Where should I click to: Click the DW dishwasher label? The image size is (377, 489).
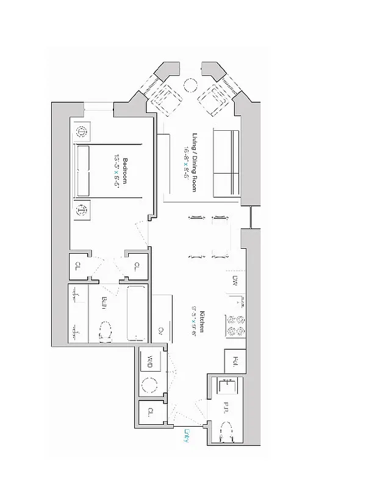pyautogui.click(x=235, y=281)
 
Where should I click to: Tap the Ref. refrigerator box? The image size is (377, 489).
pyautogui.click(x=235, y=360)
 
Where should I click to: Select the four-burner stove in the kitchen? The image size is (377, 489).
pyautogui.click(x=236, y=325)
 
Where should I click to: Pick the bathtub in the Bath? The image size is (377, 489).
pyautogui.click(x=137, y=312)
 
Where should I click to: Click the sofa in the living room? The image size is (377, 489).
pyautogui.click(x=226, y=163)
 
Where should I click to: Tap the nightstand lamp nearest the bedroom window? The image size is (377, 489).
pyautogui.click(x=82, y=132)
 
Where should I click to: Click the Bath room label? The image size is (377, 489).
pyautogui.click(x=104, y=303)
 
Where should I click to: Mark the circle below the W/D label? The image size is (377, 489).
pyautogui.click(x=148, y=385)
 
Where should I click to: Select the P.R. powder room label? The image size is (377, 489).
pyautogui.click(x=226, y=408)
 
